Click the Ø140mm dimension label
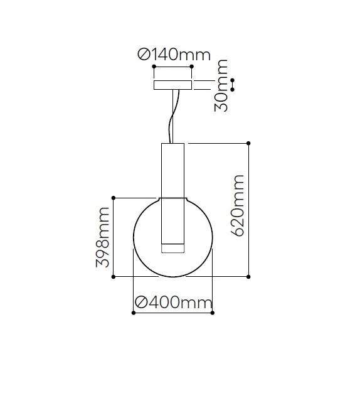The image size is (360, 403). pyautogui.click(x=174, y=55)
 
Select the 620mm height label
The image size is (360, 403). pyautogui.click(x=238, y=206)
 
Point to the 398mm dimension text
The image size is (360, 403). pyautogui.click(x=102, y=238)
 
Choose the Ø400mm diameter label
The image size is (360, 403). pyautogui.click(x=174, y=303)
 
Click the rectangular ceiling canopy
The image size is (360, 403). pyautogui.click(x=173, y=85)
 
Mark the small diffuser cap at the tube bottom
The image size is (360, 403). pyautogui.click(x=172, y=248)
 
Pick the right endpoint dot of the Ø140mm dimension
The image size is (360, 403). pyautogui.click(x=193, y=66)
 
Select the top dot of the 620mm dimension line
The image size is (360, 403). pyautogui.click(x=249, y=144)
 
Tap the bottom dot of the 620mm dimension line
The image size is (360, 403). pyautogui.click(x=249, y=276)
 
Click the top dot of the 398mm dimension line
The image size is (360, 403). pyautogui.click(x=114, y=198)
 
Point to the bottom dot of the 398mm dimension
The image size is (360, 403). pyautogui.click(x=114, y=276)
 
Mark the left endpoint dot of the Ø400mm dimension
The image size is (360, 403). pyautogui.click(x=134, y=313)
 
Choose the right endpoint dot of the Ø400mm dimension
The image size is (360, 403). pyautogui.click(x=213, y=313)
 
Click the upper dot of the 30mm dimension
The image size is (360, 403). pyautogui.click(x=233, y=80)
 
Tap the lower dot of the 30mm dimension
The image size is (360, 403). pyautogui.click(x=233, y=90)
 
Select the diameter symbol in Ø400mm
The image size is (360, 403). pyautogui.click(x=141, y=303)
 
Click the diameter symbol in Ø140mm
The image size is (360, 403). pyautogui.click(x=144, y=55)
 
